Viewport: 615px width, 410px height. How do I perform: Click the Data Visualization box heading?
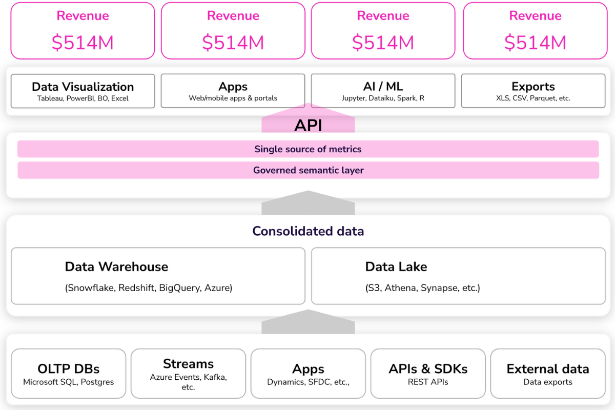pyautogui.click(x=83, y=87)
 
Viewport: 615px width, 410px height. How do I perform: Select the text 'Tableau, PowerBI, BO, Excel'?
pyautogui.click(x=83, y=98)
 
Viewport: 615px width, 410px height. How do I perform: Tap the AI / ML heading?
pyautogui.click(x=383, y=87)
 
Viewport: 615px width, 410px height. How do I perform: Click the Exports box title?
pyautogui.click(x=533, y=87)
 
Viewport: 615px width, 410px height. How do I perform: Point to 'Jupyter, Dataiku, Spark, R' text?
pyautogui.click(x=383, y=98)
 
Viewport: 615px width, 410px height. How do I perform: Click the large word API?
pyautogui.click(x=308, y=126)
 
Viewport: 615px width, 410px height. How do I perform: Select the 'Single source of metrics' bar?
pyautogui.click(x=308, y=149)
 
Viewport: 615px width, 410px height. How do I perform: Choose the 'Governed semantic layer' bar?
pyautogui.click(x=308, y=170)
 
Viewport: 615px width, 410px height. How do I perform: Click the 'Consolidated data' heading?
pyautogui.click(x=308, y=231)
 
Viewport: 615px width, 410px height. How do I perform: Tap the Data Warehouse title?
pyautogui.click(x=116, y=266)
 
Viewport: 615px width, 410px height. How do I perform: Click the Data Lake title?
pyautogui.click(x=396, y=266)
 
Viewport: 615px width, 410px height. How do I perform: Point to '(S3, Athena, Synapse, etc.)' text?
pyautogui.click(x=422, y=288)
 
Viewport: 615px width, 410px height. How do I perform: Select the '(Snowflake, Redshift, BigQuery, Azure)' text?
pyautogui.click(x=149, y=288)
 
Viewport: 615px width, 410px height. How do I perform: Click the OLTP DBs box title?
pyautogui.click(x=68, y=369)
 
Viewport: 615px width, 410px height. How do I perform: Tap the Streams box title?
pyautogui.click(x=188, y=364)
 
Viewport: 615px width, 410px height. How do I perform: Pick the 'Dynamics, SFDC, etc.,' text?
pyautogui.click(x=308, y=382)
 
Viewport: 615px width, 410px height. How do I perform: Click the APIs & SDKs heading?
pyautogui.click(x=428, y=369)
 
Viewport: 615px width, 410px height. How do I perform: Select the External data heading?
pyautogui.click(x=547, y=369)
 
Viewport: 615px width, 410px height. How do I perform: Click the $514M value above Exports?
pyautogui.click(x=535, y=42)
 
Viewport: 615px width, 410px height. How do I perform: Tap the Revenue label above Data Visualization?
pyautogui.click(x=83, y=16)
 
